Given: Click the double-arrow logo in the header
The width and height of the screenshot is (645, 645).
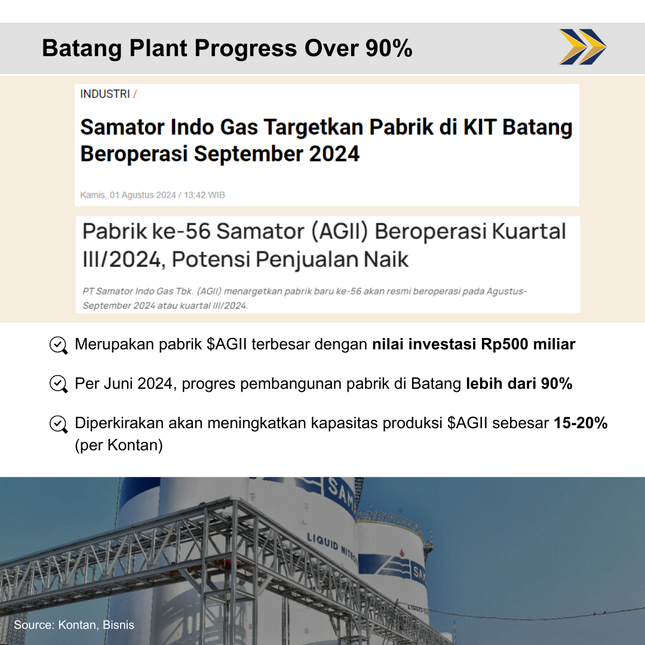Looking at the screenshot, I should point(582,47).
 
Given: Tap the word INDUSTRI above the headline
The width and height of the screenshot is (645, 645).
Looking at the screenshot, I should point(105,94).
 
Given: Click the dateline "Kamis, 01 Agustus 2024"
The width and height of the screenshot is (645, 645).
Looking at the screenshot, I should point(128,195).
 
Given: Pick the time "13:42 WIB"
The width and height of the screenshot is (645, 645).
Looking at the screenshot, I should point(204,195).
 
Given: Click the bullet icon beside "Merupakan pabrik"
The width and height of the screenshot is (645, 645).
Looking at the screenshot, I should point(58,346).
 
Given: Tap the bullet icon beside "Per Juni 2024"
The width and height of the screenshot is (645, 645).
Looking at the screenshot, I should point(58,384).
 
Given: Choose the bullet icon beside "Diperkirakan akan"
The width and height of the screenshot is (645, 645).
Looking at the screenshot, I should point(58,424).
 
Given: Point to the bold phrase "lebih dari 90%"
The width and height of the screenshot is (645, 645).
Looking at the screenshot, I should point(519,383).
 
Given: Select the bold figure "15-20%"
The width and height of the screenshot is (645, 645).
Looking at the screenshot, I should point(580,423).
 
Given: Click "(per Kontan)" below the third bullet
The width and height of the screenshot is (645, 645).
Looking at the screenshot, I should point(119,446).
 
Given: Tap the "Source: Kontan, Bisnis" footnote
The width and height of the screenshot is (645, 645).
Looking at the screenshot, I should point(75,625).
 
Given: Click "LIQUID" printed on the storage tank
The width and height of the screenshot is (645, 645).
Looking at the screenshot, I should point(322,541).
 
